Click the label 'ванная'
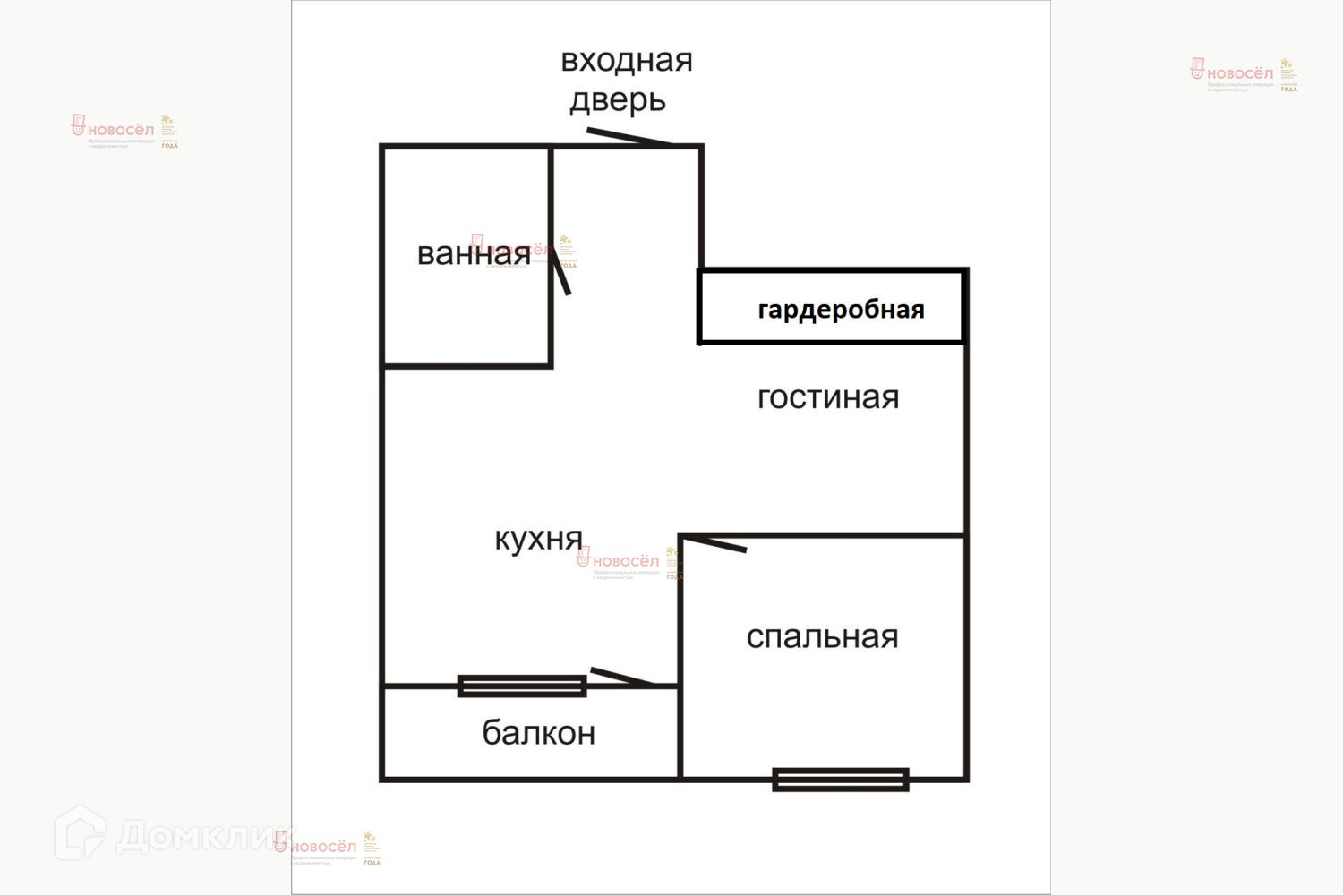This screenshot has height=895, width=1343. pos(474,254)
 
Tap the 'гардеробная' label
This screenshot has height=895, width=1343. pos(841,310)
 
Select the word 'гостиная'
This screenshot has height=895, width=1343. pos(828,397)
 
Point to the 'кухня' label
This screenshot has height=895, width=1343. pos(538,539)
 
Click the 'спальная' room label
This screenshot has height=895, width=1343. pos(822,636)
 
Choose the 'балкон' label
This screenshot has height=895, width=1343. pos(538,733)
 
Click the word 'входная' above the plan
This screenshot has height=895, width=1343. pos(627,60)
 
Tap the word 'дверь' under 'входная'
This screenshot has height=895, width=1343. pos(618,100)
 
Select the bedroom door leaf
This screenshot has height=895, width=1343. pos(714,542)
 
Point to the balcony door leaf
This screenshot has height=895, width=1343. pos(621,678)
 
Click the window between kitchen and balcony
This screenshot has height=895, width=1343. pos(522,686)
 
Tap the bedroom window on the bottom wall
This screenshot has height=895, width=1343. pos(841,780)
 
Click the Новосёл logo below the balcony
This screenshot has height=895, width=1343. pos(327,847)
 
